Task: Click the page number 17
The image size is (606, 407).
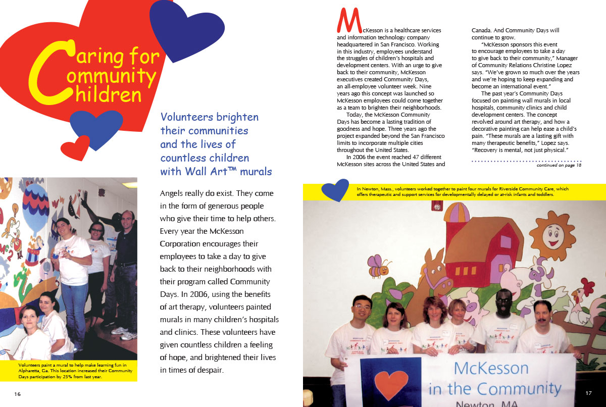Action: click(x=588, y=393)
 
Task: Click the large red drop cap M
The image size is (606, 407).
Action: click(x=349, y=21)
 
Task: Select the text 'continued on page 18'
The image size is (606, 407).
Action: click(x=559, y=165)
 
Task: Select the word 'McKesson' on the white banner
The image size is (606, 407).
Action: click(x=491, y=368)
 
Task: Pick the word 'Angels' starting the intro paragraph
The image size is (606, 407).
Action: click(x=175, y=193)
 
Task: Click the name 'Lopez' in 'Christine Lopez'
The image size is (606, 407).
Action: click(x=570, y=66)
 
